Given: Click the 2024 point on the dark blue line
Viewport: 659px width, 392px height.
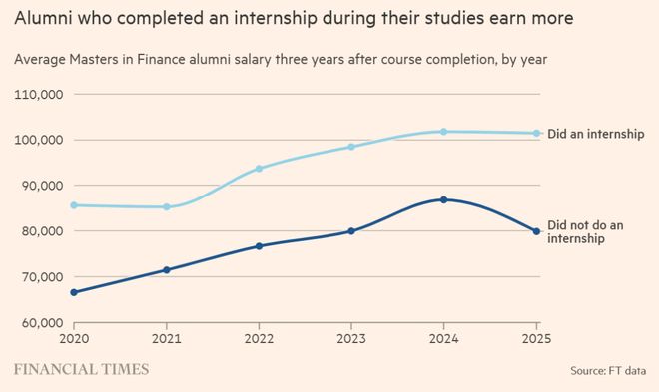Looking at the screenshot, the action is point(443,199).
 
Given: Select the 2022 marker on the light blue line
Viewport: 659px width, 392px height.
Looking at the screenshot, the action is point(259,169).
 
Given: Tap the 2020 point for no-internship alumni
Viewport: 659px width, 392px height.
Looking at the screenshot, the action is point(74,292).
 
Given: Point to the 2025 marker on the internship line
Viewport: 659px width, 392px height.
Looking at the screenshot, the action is point(536,133).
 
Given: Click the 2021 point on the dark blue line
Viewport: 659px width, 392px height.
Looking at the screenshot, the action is point(167,270).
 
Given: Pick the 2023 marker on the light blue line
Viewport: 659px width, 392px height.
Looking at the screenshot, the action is point(351,147).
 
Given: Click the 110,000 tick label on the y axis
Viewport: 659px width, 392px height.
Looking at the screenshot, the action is point(39,95).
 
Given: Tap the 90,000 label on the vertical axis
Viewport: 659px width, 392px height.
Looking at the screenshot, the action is point(41,186).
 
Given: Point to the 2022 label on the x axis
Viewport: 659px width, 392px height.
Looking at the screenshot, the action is point(259,338).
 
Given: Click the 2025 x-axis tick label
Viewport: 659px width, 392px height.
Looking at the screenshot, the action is point(536,338).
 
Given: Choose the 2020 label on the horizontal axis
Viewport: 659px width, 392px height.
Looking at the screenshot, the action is point(74,338).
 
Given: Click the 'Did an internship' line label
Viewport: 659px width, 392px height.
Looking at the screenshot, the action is point(595,134).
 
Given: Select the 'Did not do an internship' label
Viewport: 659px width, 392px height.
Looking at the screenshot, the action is point(585,232).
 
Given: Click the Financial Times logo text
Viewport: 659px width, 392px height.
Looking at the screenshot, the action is point(82,369).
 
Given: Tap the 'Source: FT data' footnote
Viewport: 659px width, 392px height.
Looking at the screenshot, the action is point(608,371).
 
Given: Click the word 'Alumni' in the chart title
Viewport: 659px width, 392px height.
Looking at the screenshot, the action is point(42,18).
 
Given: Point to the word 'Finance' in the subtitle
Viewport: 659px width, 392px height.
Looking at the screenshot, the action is point(161,59).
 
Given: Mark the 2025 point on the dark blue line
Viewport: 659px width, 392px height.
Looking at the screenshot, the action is point(536,231).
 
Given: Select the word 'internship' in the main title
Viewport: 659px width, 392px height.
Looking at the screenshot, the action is point(276,19).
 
